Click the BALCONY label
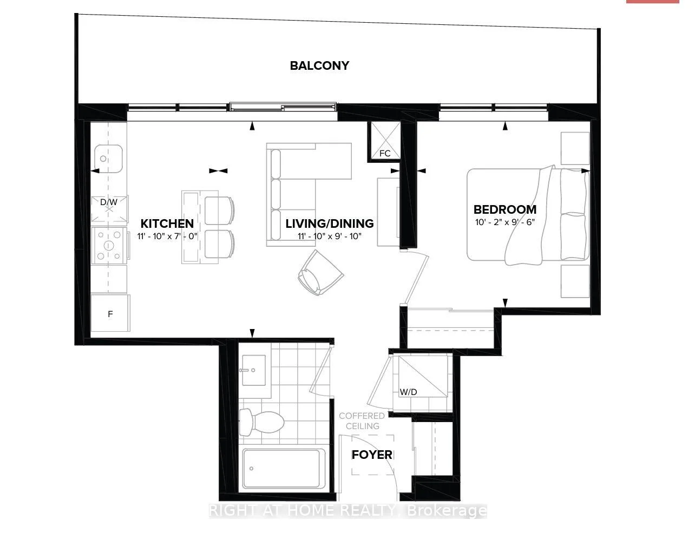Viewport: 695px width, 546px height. tap(319, 65)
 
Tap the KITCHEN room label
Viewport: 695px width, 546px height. tap(167, 223)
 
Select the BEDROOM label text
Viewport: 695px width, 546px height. tap(505, 209)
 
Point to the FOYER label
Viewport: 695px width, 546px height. tap(372, 455)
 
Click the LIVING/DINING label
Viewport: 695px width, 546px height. tap(330, 223)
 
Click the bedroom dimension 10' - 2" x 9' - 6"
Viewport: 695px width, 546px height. tap(505, 222)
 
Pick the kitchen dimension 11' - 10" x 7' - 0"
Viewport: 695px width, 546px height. tap(167, 236)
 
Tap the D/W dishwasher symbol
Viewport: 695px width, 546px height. tap(109, 209)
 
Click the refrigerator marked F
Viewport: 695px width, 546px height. tap(110, 313)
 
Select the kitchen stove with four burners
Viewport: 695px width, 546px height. tap(109, 245)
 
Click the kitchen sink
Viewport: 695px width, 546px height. tap(108, 159)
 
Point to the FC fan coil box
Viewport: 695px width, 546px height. tap(385, 140)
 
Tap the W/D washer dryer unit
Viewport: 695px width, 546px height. tap(423, 376)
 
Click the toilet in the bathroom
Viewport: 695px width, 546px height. tap(261, 422)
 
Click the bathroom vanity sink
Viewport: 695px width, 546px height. tap(254, 370)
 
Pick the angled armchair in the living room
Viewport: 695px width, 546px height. tap(320, 273)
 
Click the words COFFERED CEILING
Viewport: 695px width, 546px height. tap(362, 420)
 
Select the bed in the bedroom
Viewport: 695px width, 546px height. tap(528, 215)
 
